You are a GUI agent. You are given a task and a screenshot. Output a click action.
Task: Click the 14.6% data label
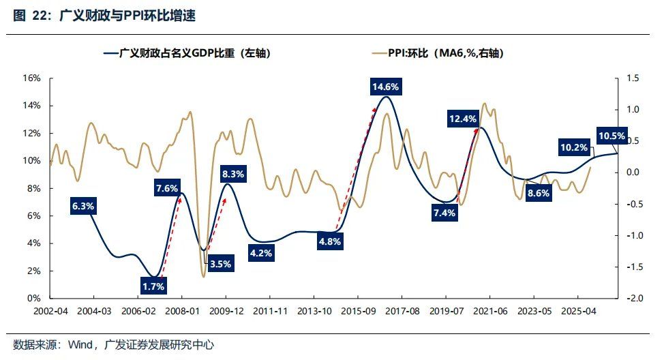[385, 87]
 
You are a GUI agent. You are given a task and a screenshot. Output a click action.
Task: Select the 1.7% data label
[153, 286]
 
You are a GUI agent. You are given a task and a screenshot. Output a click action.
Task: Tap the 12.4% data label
[463, 119]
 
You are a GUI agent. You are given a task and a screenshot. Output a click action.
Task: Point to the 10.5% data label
[612, 136]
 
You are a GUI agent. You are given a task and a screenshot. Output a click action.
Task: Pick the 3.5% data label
[220, 263]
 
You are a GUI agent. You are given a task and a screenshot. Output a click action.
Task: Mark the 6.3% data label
[82, 205]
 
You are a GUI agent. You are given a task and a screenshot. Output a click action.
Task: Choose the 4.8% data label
[329, 241]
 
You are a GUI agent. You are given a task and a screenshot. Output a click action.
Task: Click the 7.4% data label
[443, 213]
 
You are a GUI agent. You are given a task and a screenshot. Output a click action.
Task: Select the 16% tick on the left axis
[32, 78]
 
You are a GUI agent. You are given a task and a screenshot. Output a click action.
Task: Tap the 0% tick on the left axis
[35, 299]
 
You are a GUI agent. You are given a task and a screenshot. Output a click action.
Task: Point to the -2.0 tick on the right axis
[632, 299]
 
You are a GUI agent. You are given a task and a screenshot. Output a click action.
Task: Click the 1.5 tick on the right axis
[632, 78]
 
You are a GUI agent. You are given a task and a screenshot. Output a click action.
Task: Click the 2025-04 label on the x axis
[578, 311]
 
